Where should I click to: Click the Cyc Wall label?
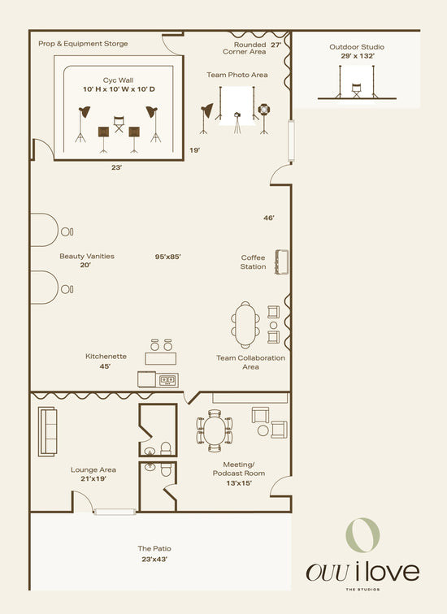pyautogui.click(x=118, y=80)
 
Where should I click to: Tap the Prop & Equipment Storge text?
pyautogui.click(x=83, y=44)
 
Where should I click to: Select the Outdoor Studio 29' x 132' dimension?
pyautogui.click(x=358, y=56)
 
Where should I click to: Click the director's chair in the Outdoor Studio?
pyautogui.click(x=357, y=90)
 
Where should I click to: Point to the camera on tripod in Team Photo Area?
pyautogui.click(x=237, y=123)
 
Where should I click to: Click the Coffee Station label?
pyautogui.click(x=253, y=262)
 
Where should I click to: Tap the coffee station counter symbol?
pyautogui.click(x=282, y=262)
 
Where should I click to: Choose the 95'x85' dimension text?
pyautogui.click(x=167, y=257)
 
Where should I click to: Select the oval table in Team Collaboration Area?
pyautogui.click(x=245, y=325)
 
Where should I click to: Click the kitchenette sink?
pyautogui.click(x=167, y=380)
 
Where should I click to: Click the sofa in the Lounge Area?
pyautogui.click(x=47, y=431)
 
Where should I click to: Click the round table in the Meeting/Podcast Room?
pyautogui.click(x=215, y=430)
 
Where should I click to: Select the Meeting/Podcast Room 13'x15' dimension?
pyautogui.click(x=239, y=483)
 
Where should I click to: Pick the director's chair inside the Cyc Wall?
pyautogui.click(x=119, y=123)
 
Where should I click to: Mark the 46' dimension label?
pyautogui.click(x=269, y=218)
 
